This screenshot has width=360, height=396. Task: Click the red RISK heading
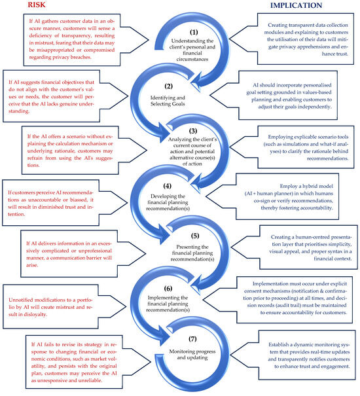[x=37, y=5]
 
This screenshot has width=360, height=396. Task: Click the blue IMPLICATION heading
[x=296, y=5]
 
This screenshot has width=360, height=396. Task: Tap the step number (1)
[x=194, y=32]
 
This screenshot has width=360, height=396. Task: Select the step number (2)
[x=168, y=86]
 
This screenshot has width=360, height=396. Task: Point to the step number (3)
[x=193, y=131]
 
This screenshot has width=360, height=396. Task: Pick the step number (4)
[x=168, y=186]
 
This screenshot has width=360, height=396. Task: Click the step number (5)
[x=195, y=236]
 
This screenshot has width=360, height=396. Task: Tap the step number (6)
[x=168, y=289]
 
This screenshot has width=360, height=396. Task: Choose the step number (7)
[x=192, y=338]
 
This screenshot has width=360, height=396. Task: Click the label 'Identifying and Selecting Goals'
[x=168, y=101]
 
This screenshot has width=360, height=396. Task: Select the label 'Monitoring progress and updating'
[x=192, y=354]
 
